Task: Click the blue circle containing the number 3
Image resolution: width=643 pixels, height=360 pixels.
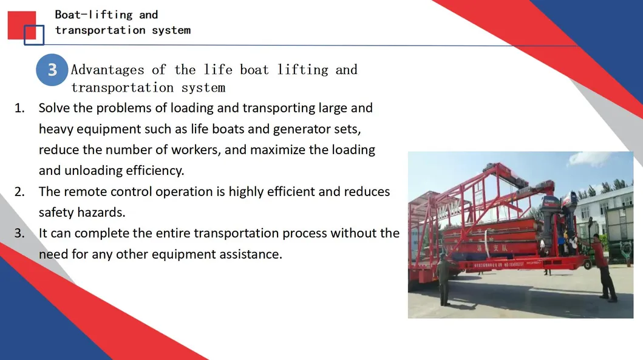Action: pyautogui.click(x=52, y=70)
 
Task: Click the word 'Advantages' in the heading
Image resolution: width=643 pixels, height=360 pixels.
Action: pyautogui.click(x=99, y=70)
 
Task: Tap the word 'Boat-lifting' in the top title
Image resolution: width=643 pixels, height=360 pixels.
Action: pyautogui.click(x=94, y=15)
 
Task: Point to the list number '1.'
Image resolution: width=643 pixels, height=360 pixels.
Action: pyautogui.click(x=20, y=109)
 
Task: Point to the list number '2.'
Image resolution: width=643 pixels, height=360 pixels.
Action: pyautogui.click(x=20, y=192)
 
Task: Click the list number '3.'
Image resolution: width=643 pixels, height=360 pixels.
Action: pyautogui.click(x=20, y=233)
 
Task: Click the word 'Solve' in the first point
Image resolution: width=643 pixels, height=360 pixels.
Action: pyautogui.click(x=53, y=109)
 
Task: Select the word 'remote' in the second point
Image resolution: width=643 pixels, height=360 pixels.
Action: pyautogui.click(x=85, y=192)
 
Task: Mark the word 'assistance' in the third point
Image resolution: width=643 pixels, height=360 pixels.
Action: pyautogui.click(x=251, y=254)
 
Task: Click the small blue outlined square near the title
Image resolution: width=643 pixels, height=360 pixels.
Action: pyautogui.click(x=34, y=35)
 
